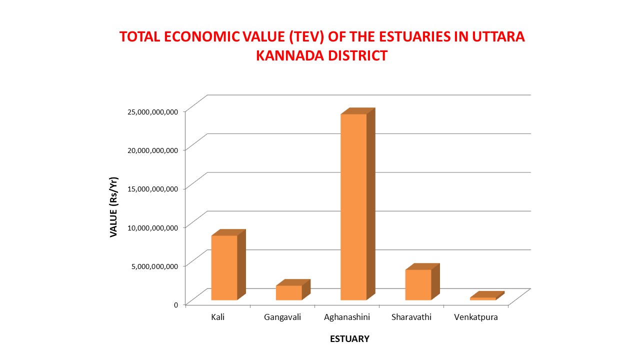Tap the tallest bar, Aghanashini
[x=353, y=207]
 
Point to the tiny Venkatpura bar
[x=482, y=298]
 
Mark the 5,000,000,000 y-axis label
[x=154, y=265]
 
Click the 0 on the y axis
[x=176, y=304]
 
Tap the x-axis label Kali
[x=218, y=317]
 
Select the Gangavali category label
[x=282, y=317]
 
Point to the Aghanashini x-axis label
[x=347, y=317]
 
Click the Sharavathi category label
[x=411, y=317]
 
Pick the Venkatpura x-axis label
[x=476, y=317]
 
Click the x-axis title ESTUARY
[x=349, y=338]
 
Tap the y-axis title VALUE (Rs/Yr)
[x=114, y=206]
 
